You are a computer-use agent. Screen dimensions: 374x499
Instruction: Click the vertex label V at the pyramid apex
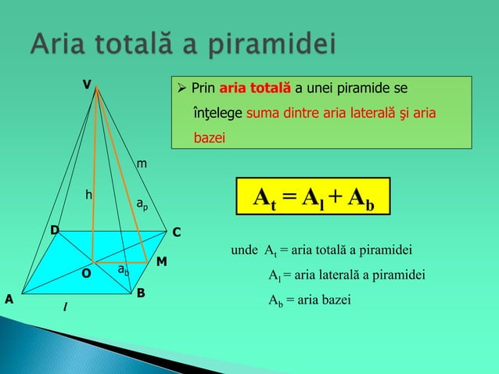coord(88,84)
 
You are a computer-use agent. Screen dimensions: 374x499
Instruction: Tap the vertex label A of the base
coord(9,299)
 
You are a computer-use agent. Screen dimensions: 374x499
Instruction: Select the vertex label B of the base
coord(141,293)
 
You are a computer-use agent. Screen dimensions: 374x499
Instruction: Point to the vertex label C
coord(176,232)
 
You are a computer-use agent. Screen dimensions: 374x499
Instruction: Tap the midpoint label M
coord(161,260)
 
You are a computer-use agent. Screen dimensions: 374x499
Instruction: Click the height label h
coord(89,194)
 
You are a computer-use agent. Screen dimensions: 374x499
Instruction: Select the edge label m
coord(141,164)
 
